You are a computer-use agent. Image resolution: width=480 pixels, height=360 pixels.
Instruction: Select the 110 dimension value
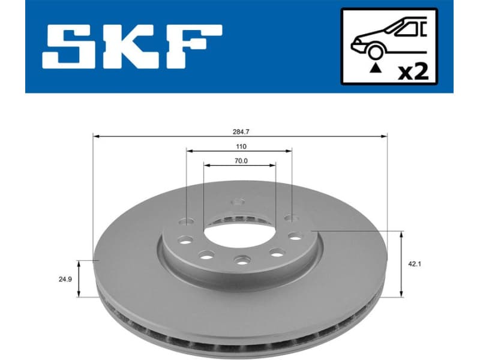(240, 146)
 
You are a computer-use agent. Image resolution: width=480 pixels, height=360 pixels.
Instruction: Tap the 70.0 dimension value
(240, 160)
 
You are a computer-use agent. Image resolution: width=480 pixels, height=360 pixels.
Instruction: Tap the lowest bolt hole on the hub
(241, 260)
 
